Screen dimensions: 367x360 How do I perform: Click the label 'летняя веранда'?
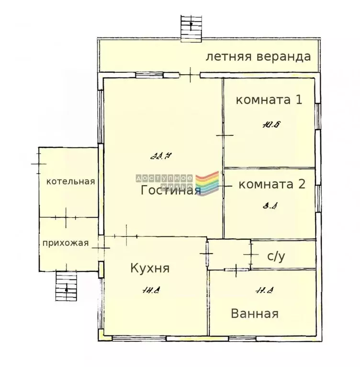[258, 56]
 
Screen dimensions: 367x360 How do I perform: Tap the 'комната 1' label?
[270, 100]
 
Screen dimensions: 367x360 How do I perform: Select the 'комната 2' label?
[271, 184]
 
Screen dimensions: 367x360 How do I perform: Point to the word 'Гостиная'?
[170, 190]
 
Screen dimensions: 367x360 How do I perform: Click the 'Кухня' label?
[150, 268]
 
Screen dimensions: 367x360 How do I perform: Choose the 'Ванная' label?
[255, 314]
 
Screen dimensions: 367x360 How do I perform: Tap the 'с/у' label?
[276, 256]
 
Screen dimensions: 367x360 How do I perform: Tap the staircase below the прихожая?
[66, 286]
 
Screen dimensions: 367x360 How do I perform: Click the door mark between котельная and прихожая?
[66, 218]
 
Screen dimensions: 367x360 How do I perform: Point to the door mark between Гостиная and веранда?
[190, 75]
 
